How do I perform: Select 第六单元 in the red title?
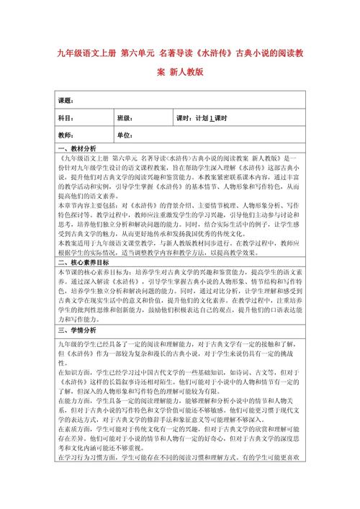[x=136, y=53]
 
